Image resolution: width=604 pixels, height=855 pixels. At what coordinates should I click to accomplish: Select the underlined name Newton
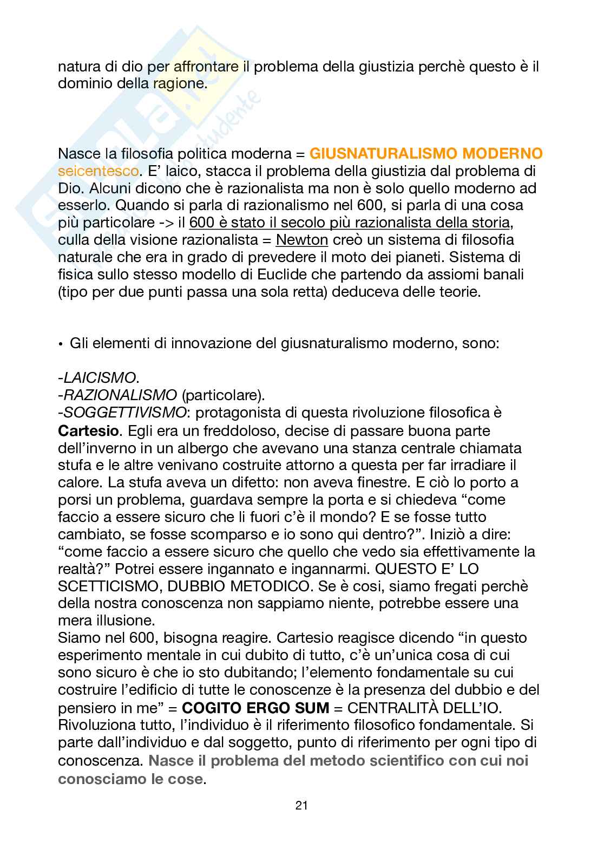(302, 240)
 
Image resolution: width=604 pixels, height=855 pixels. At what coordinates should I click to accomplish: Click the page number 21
(301, 805)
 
